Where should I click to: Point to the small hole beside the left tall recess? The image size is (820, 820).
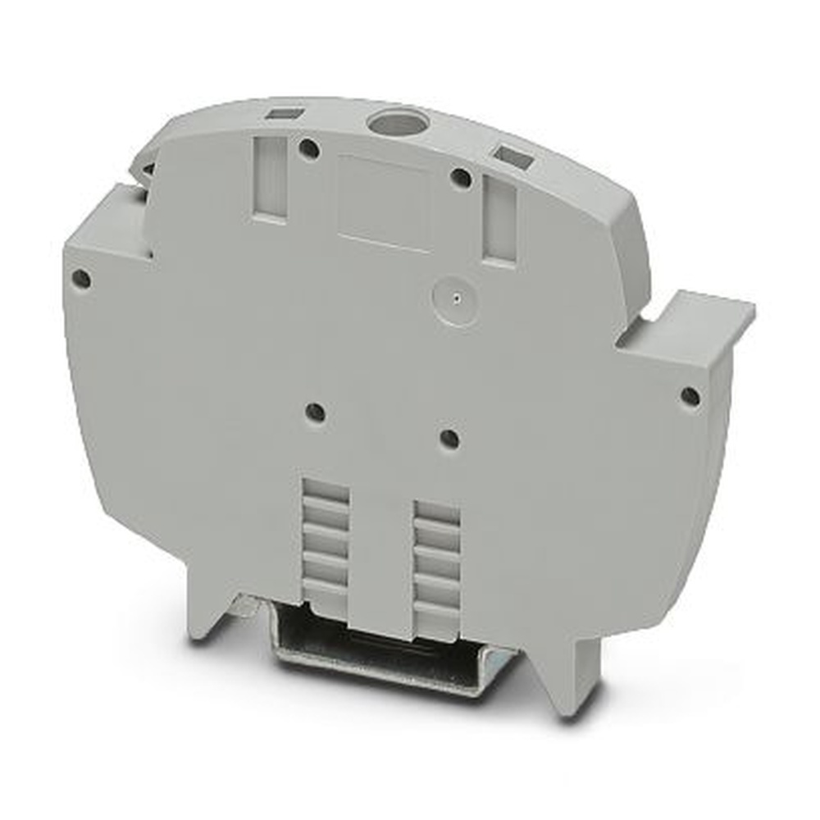coord(308,149)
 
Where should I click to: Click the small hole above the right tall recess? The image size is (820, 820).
coord(461,177)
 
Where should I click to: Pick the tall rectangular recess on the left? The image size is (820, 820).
coord(270,180)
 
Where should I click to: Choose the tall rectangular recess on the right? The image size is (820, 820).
coord(499,221)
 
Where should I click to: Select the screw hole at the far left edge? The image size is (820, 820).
coord(80,279)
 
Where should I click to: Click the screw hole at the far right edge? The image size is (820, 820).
coord(690,397)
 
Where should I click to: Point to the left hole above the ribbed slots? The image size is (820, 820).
coord(316,412)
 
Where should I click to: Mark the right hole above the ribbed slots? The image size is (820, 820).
coord(449,439)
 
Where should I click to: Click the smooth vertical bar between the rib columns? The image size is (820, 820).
coord(380,558)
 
